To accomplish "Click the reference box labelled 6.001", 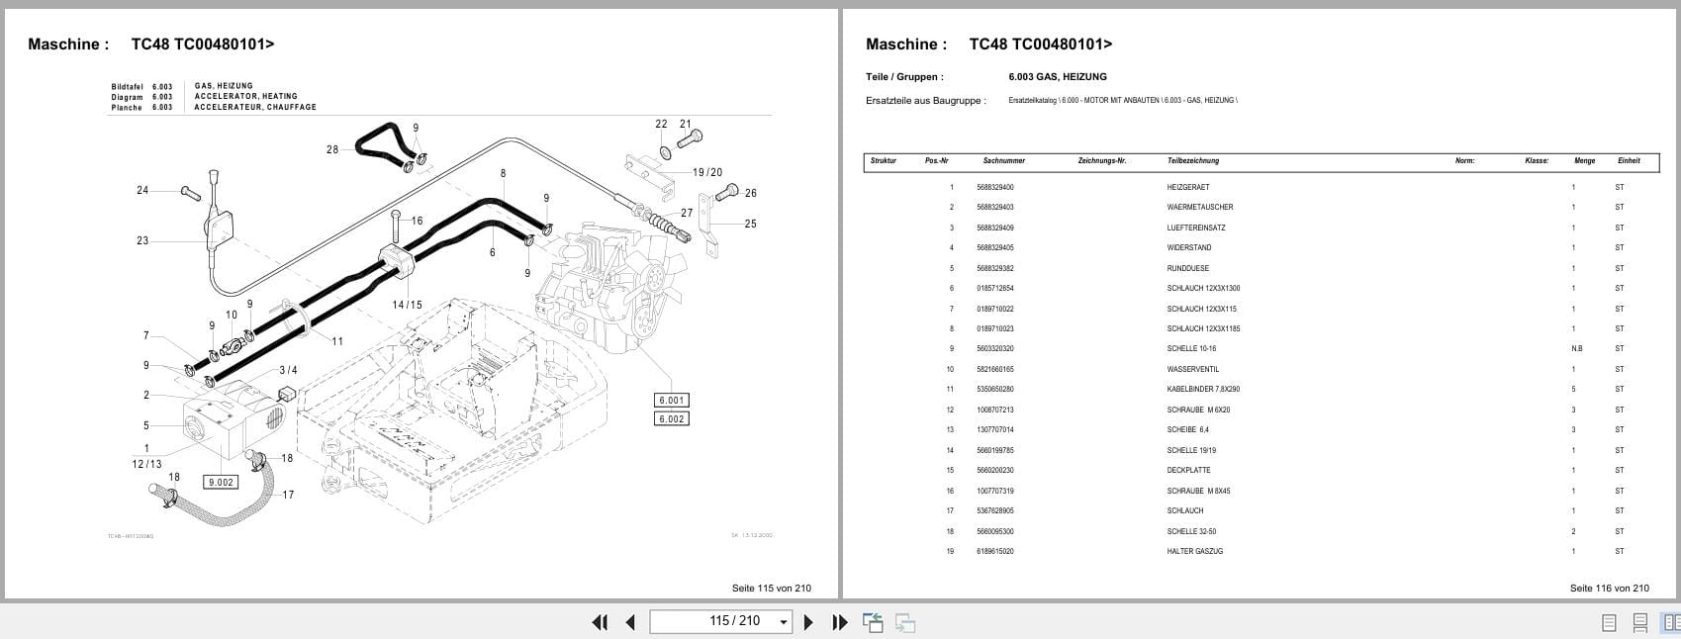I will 671,400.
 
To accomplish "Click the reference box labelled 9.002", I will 220,482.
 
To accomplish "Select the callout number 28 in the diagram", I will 332,150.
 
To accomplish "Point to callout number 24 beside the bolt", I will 142,190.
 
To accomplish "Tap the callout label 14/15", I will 407,305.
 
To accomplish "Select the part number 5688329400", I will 994,187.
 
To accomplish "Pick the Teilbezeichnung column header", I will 1192,160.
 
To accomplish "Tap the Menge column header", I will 1584,160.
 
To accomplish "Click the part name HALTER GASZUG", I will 1194,551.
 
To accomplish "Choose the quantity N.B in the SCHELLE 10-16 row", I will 1576,348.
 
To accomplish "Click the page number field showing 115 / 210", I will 720,621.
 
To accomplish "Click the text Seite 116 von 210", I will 1609,588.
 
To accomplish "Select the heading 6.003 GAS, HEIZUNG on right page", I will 1057,76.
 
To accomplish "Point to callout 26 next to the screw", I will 751,193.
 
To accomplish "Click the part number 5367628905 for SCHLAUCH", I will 994,510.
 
